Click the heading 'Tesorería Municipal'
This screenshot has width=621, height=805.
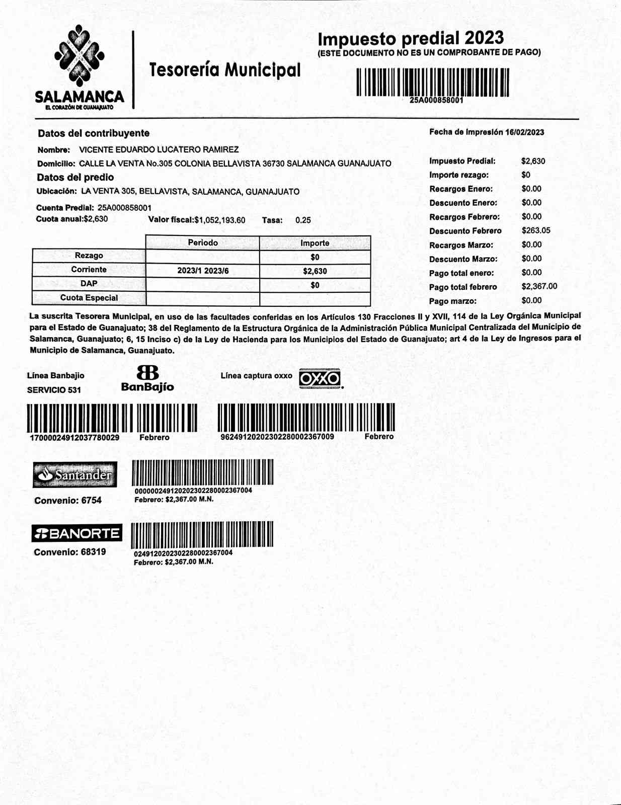pyautogui.click(x=224, y=70)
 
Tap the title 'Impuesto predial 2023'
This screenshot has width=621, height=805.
pyautogui.click(x=410, y=38)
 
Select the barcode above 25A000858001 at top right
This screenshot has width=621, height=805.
pyautogui.click(x=432, y=82)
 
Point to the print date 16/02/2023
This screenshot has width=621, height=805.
pyautogui.click(x=525, y=132)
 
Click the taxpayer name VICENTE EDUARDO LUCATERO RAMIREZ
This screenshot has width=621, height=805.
pyautogui.click(x=159, y=149)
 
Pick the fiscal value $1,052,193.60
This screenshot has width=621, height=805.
pyautogui.click(x=220, y=220)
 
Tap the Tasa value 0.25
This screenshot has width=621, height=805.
pyautogui.click(x=303, y=220)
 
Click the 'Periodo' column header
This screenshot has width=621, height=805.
pyautogui.click(x=203, y=243)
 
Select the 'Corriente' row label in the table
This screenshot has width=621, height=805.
pyautogui.click(x=89, y=270)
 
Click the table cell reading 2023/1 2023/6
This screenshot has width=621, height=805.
pyautogui.click(x=203, y=271)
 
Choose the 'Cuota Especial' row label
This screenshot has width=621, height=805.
pyautogui.click(x=89, y=298)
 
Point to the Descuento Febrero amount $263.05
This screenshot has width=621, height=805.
pyautogui.click(x=536, y=230)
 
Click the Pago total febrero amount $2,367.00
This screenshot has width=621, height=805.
pyautogui.click(x=539, y=286)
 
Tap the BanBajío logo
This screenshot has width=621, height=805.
pyautogui.click(x=147, y=378)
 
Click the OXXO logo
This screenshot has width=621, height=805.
pyautogui.click(x=320, y=378)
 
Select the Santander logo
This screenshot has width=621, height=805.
pyautogui.click(x=75, y=474)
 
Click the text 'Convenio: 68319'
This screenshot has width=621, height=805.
pyautogui.click(x=70, y=552)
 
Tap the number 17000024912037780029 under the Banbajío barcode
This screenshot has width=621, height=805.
pyautogui.click(x=75, y=438)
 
